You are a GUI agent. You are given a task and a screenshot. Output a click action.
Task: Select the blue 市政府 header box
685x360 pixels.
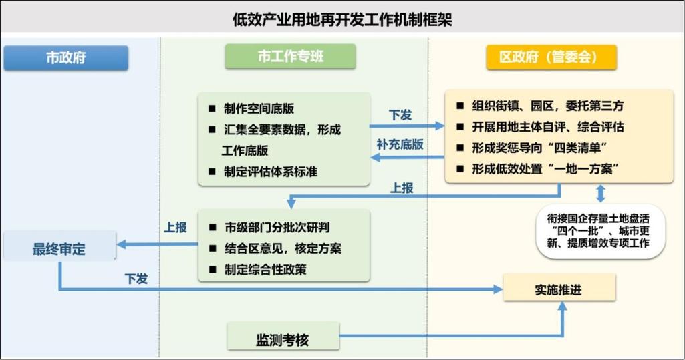click(65, 57)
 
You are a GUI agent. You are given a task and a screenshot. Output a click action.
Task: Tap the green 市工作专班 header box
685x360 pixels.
click(290, 57)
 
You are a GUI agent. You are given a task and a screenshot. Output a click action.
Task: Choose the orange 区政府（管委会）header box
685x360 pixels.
click(551, 57)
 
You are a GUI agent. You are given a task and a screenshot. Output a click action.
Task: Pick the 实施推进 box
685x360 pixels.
click(559, 289)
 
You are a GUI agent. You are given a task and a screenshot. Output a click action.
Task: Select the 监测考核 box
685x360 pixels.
click(282, 340)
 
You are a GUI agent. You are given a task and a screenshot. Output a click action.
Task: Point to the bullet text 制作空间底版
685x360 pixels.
click(259, 108)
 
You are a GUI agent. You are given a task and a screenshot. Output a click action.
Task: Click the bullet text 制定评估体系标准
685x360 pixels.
click(271, 171)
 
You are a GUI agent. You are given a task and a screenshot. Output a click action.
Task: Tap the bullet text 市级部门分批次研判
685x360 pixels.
click(277, 227)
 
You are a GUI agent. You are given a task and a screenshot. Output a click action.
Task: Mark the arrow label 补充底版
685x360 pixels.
click(400, 144)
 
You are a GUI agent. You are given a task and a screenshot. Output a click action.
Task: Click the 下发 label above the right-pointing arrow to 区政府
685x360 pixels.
click(400, 114)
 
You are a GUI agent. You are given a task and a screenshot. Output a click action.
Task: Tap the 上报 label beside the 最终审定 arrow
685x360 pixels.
click(175, 227)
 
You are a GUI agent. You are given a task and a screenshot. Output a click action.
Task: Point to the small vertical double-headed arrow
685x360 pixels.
click(601, 194)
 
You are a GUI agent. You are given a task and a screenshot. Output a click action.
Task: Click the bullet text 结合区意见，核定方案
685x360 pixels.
click(283, 248)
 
